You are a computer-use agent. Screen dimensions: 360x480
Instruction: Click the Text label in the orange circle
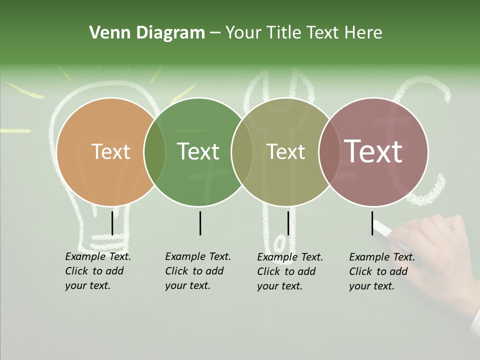point(111,152)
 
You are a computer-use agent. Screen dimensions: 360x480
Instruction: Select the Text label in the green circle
point(198,152)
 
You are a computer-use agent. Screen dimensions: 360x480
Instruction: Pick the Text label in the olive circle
point(286,152)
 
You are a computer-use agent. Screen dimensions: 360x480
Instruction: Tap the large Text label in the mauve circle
point(373,152)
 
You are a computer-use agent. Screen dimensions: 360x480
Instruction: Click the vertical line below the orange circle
point(112,223)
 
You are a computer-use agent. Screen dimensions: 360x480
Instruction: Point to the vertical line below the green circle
point(200,223)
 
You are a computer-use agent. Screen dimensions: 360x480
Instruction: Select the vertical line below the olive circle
point(288,223)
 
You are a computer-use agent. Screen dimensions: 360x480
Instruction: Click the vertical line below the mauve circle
point(372,223)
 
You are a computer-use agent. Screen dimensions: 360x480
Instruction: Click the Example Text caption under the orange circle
point(98,271)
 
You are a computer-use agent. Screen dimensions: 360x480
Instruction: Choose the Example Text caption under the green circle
point(198,271)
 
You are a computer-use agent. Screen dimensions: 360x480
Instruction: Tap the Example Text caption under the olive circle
point(290,271)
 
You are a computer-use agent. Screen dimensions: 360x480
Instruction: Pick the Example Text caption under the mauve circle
point(382,271)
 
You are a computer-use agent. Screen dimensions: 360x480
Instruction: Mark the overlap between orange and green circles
point(155,152)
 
